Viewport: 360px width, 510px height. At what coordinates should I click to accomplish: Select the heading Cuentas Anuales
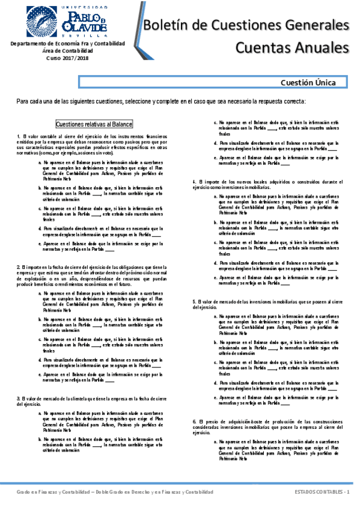292,47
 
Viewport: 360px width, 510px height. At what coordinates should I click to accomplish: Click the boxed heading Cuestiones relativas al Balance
94,124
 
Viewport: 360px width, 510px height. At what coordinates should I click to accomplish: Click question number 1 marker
19,137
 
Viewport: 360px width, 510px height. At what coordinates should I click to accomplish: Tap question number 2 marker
19,267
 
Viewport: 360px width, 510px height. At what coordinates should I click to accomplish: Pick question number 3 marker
19,398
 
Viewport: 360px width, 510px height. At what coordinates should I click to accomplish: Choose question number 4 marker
194,181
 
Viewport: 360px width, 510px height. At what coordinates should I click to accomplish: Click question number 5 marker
194,300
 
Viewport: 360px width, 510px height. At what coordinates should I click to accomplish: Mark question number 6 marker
194,420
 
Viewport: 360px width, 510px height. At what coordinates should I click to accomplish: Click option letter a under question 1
40,162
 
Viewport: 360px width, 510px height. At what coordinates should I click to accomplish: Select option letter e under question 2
40,374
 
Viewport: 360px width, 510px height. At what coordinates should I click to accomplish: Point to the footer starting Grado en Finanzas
114,492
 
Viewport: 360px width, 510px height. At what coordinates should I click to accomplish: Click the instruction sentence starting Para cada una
162,101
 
